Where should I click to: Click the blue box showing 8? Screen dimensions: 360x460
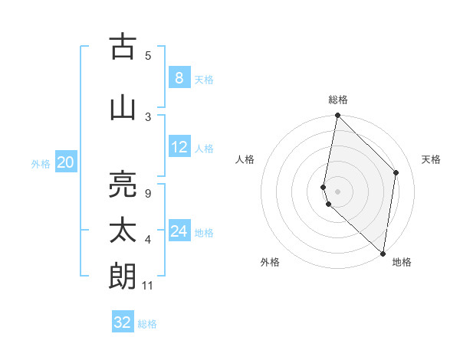click(x=179, y=77)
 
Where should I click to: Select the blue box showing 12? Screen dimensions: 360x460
click(x=179, y=147)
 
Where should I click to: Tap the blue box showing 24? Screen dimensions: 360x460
click(x=179, y=231)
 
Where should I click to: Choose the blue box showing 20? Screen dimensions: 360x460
click(x=66, y=162)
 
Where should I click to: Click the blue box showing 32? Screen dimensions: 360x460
click(x=123, y=322)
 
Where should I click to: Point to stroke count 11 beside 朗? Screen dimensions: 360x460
click(x=149, y=286)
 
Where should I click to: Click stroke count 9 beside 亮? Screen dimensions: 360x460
click(x=147, y=193)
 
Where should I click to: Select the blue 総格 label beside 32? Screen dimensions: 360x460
click(x=147, y=324)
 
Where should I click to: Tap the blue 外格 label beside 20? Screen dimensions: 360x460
click(x=41, y=163)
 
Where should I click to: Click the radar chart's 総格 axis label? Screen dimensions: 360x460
click(x=338, y=100)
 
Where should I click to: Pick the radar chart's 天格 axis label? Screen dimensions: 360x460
click(x=431, y=159)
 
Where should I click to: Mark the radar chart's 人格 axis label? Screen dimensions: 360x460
click(x=245, y=159)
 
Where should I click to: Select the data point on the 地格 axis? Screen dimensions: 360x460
click(x=383, y=253)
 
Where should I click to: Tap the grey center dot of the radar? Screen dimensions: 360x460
click(x=338, y=191)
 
